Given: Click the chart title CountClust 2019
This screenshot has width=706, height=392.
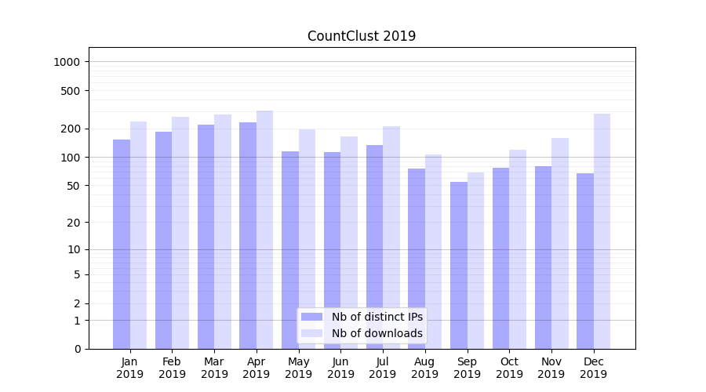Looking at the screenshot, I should (362, 36).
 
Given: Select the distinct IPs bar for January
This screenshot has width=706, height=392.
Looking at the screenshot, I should (122, 244).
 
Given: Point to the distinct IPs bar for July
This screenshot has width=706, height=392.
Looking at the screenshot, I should (374, 247).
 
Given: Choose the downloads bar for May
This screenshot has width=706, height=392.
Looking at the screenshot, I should (307, 239).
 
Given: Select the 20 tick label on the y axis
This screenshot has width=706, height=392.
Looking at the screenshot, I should (74, 223).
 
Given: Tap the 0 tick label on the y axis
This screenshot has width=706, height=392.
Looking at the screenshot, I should (77, 349).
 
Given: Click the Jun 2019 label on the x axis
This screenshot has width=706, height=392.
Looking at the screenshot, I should (340, 368).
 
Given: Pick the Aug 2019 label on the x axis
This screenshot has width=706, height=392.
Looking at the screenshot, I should (424, 368).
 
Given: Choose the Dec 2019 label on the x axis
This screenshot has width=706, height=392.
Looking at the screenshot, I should (593, 368).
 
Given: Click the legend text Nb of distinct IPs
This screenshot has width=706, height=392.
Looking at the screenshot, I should (377, 317).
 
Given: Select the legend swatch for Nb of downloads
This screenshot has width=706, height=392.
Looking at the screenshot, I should (311, 333).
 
